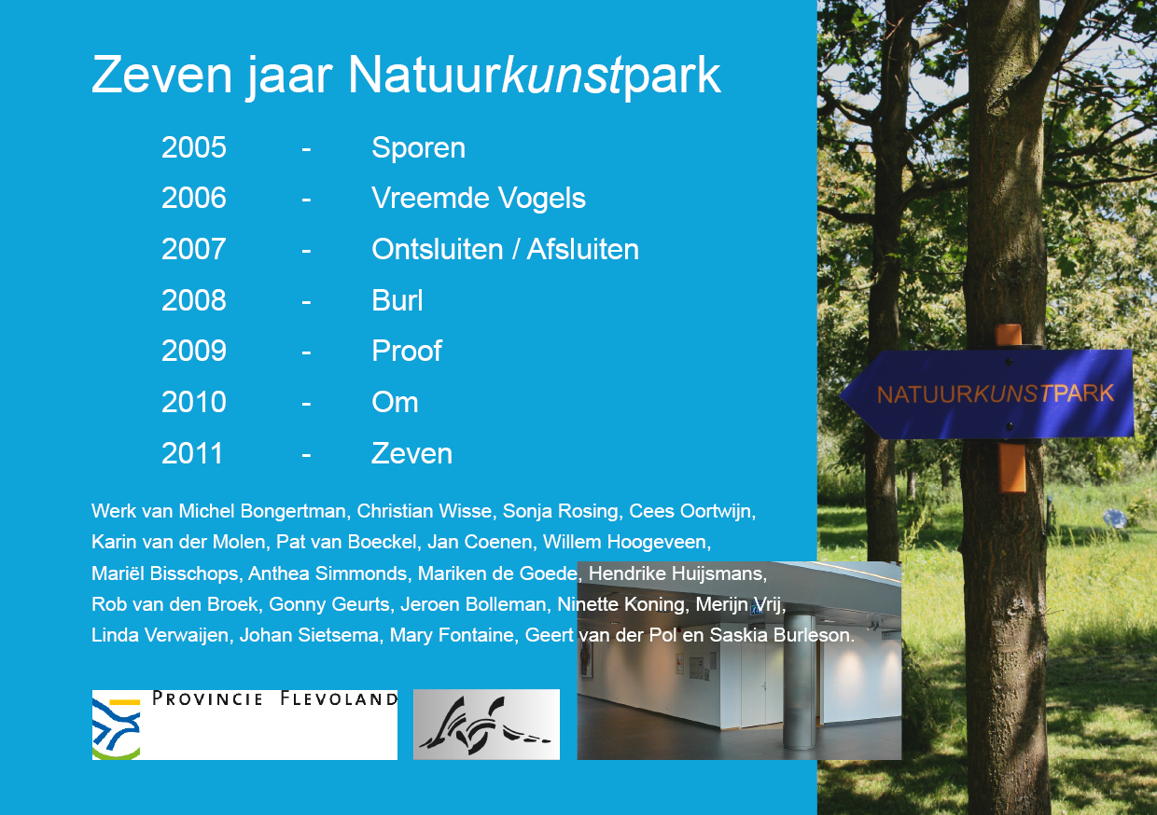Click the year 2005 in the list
coord(194,147)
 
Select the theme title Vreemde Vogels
coord(479,199)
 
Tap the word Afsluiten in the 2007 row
coord(582,249)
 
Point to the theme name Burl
coord(397,300)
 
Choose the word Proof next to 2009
coord(407,351)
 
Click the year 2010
coord(194,402)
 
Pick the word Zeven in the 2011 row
coord(411,453)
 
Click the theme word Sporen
coord(418,148)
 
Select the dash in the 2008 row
coord(306,301)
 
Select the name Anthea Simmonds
coord(328,573)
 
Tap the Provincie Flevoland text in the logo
coord(274,698)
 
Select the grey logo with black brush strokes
coord(486,725)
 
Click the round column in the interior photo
coord(799,682)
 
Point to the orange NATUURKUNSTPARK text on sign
coord(995,394)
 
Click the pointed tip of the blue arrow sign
coord(841,396)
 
